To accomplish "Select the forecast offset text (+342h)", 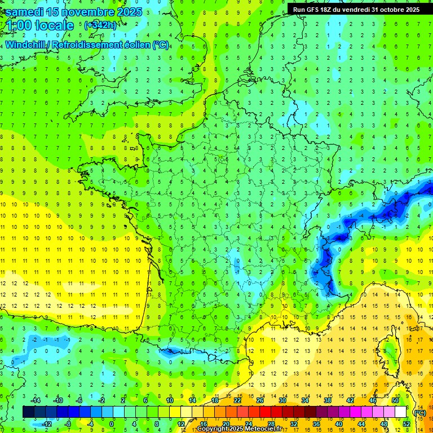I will [100, 25].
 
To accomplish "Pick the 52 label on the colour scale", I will [407, 424].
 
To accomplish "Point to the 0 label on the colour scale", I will [111, 424].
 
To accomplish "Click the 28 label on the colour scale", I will [271, 424].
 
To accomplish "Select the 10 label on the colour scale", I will [170, 400].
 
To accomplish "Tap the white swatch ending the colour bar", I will [401, 412].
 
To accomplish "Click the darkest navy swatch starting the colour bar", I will [28, 412].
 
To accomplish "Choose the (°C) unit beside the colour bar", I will [419, 412].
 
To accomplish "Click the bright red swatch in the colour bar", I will [266, 412].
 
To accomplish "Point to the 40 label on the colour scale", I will [339, 424].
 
